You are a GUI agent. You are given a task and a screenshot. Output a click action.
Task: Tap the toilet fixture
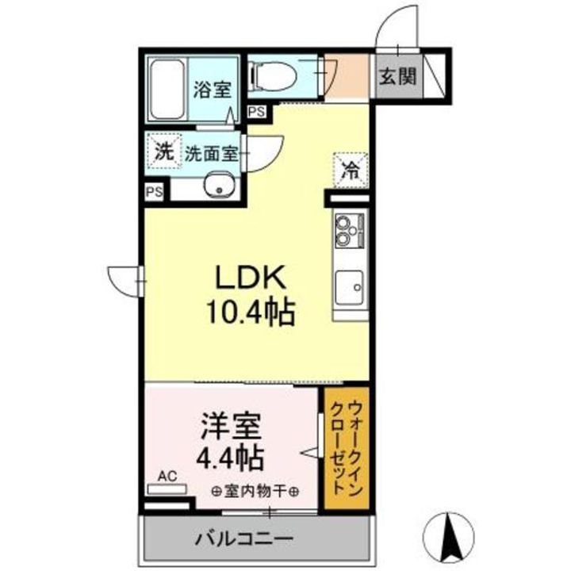click(x=274, y=76)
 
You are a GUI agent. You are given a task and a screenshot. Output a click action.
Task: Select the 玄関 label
click(x=397, y=77)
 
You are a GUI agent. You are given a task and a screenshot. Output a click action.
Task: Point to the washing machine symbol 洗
click(x=163, y=152)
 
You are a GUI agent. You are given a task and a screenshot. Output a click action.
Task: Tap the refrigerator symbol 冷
click(x=349, y=167)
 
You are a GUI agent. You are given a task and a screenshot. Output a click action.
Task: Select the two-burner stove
click(x=349, y=231)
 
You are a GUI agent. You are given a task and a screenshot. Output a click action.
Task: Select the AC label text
click(x=167, y=476)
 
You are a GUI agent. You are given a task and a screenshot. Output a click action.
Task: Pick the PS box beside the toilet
click(x=256, y=112)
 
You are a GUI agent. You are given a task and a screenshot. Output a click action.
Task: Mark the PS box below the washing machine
click(x=155, y=191)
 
